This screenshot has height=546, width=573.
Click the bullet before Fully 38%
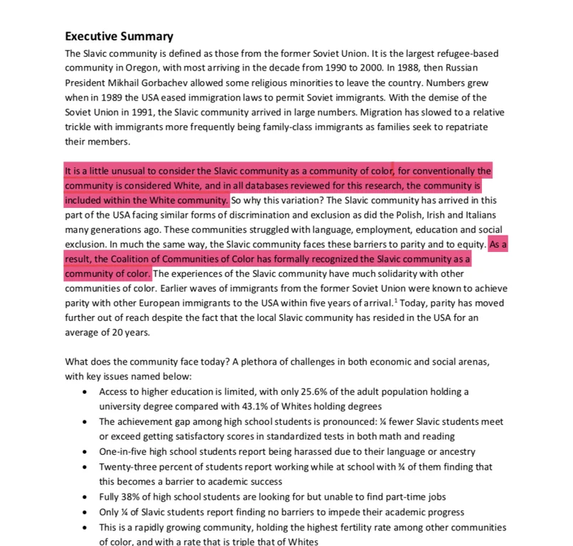(x=85, y=496)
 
